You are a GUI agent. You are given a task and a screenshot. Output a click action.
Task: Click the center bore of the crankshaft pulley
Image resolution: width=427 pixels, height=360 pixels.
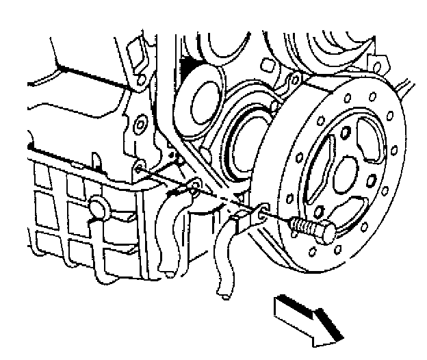(352, 169)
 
